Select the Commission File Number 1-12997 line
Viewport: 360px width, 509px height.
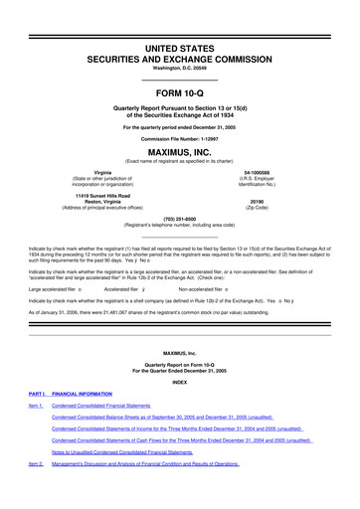[x=179, y=136]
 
